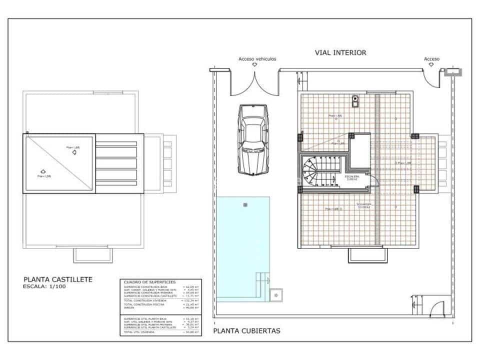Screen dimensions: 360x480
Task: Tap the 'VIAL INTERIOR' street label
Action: [340, 52]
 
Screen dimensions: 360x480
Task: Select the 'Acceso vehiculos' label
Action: [257, 59]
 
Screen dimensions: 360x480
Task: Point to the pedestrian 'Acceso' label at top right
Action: [431, 59]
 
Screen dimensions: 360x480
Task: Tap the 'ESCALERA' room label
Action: [351, 176]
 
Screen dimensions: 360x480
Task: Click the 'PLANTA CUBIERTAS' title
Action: [246, 331]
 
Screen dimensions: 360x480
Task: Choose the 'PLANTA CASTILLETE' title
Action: [58, 279]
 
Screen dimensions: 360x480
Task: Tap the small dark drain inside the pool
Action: [245, 205]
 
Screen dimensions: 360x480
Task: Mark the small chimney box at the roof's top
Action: [355, 100]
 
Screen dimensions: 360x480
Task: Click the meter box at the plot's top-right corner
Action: [452, 71]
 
